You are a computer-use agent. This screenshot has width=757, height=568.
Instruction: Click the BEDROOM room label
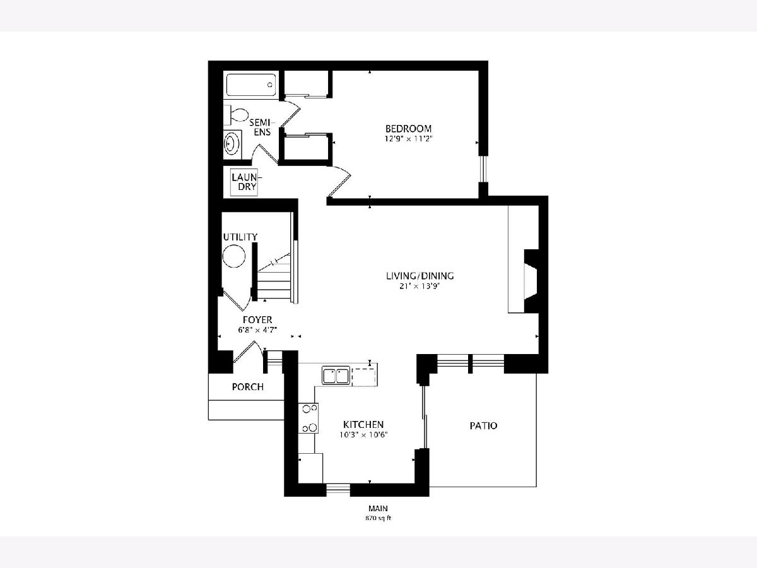(x=408, y=129)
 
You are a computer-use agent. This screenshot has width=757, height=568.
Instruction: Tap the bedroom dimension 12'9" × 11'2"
(x=408, y=139)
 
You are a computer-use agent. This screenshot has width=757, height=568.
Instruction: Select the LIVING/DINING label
(x=420, y=276)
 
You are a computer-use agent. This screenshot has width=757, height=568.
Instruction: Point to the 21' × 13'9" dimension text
(x=420, y=287)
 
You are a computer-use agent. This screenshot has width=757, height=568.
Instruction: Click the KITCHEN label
(x=363, y=425)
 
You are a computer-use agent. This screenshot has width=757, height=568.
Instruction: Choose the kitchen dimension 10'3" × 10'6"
(x=363, y=435)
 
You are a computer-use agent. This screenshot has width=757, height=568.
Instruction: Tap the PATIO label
(x=483, y=426)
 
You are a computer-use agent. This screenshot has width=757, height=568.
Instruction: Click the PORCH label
(x=248, y=387)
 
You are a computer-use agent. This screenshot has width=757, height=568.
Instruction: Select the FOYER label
(x=257, y=320)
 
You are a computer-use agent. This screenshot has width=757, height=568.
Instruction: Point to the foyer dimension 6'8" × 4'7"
(x=257, y=330)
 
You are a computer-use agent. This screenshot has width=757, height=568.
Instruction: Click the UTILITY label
(x=240, y=237)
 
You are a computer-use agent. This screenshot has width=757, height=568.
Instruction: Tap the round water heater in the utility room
(x=234, y=256)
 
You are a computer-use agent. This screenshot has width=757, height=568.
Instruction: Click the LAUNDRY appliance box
(x=245, y=182)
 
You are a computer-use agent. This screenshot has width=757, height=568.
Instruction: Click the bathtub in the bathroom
(x=250, y=85)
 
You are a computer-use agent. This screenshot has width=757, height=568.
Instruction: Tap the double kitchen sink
(x=336, y=376)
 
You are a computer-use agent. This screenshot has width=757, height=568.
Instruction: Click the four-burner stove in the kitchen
(x=308, y=418)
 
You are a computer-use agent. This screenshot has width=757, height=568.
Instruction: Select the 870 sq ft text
(x=378, y=518)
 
